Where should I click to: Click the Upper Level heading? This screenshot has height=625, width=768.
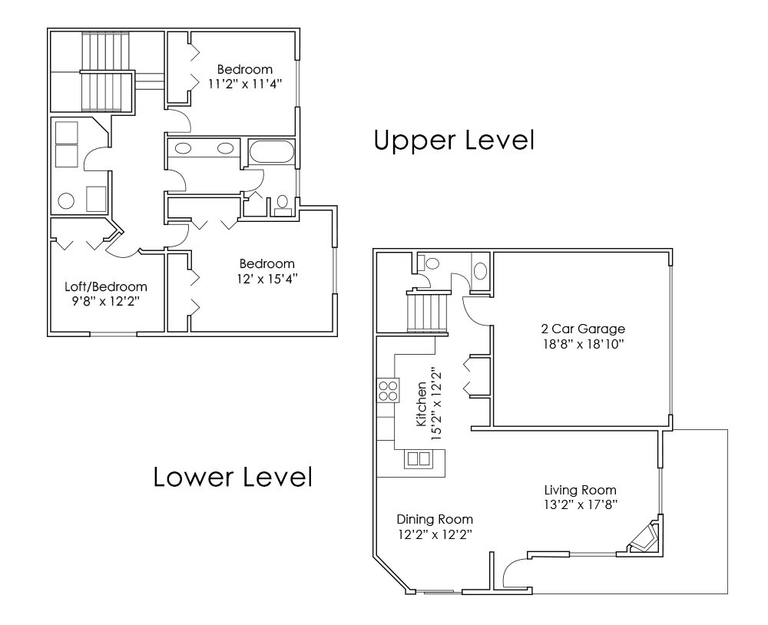coord(454,140)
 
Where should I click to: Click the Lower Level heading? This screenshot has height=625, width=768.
coord(233,476)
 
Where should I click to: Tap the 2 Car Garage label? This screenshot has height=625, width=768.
coord(583,329)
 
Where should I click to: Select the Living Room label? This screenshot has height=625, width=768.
coord(581,490)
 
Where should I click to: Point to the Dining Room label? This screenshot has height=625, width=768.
coord(435,519)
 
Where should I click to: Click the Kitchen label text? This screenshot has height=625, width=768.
coord(421,405)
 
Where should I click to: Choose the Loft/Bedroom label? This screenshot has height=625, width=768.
coord(106,286)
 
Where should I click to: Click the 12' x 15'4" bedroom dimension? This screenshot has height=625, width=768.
coord(267,279)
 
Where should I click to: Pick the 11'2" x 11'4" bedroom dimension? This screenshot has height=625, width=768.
coord(245,84)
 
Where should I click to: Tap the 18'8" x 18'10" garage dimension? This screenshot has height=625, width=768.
coord(583,344)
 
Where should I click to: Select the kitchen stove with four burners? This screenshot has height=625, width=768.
coord(389,390)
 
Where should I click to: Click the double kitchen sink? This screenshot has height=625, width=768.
coord(419,459)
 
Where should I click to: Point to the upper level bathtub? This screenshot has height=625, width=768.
coord(272,152)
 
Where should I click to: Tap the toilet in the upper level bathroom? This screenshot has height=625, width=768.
coord(282,203)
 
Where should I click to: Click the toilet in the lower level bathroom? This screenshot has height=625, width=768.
coord(429,263)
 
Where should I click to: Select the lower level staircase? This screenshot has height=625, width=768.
coord(428,312)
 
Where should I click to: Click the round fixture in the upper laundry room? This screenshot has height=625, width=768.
coord(66,201)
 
